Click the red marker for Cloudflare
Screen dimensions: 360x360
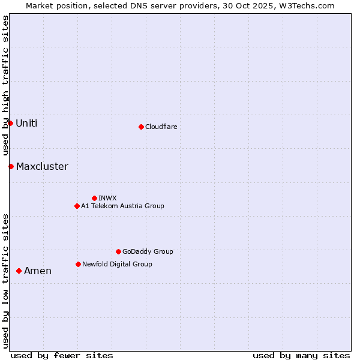pyautogui.click(x=141, y=127)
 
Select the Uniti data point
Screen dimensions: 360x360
pyautogui.click(x=10, y=123)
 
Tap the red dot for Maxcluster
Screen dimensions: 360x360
pyautogui.click(x=11, y=166)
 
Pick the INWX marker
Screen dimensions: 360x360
pyautogui.click(x=94, y=198)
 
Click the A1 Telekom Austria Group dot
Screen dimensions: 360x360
pyautogui.click(x=77, y=206)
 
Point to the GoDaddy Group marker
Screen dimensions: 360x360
pyautogui.click(x=118, y=251)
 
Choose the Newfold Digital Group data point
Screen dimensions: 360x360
pyautogui.click(x=78, y=264)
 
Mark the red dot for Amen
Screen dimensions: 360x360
pyautogui.click(x=19, y=271)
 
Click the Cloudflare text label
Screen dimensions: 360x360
pyautogui.click(x=161, y=127)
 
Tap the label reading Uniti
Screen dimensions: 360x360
pyautogui.click(x=26, y=123)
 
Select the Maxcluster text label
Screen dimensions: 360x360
pyautogui.click(x=42, y=166)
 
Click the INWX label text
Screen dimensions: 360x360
pyautogui.click(x=107, y=198)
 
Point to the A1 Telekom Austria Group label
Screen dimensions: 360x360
pyautogui.click(x=122, y=206)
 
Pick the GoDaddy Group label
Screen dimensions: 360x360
pyautogui.click(x=148, y=251)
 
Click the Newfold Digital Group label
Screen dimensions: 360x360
pyautogui.click(x=117, y=264)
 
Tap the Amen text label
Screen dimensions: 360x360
pyautogui.click(x=38, y=271)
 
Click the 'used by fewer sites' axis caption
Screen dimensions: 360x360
pyautogui.click(x=62, y=355)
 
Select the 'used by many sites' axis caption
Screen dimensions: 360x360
pyautogui.click(x=301, y=355)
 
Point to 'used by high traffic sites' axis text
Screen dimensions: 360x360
pyautogui.click(x=5, y=86)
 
